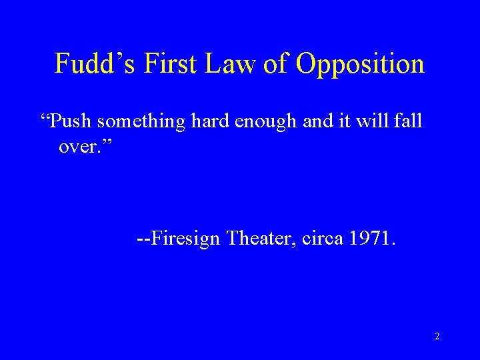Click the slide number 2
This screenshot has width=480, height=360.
pos(437,337)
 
